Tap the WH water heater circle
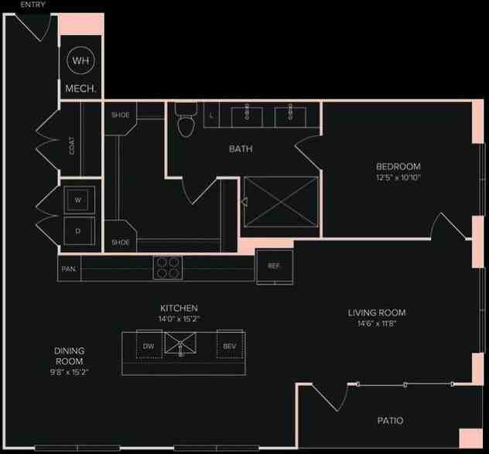coord(80,60)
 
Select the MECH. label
coord(80,89)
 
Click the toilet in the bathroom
coord(185,121)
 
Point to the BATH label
coord(240,148)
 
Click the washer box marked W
coord(78,199)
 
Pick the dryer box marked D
coord(78,230)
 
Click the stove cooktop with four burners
coord(169,267)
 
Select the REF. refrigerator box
coord(274,265)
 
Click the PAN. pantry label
coord(68,269)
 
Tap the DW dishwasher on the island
coord(149,345)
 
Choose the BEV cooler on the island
coord(230,345)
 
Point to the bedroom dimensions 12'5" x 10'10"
coord(398,177)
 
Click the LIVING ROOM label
coord(376,313)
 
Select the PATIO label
coord(390,421)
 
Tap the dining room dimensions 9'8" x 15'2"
coord(69,372)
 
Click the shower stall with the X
coord(281,203)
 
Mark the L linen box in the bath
coord(212,116)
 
